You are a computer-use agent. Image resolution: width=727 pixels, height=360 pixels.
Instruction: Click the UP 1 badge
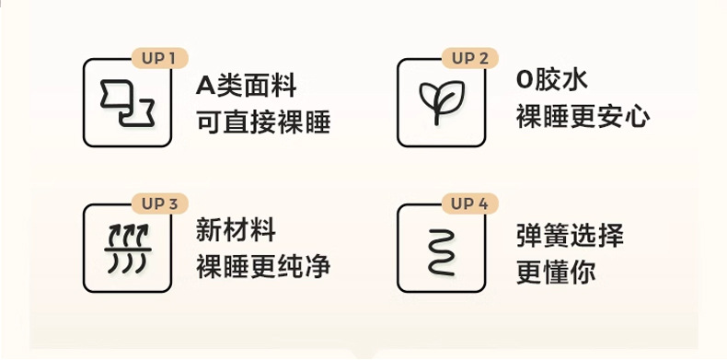[160, 58]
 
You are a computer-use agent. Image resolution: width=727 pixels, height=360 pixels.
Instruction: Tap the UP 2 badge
[470, 58]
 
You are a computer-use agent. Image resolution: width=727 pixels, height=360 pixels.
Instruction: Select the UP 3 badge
[160, 203]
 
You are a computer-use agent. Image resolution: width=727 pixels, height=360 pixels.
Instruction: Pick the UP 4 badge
[470, 203]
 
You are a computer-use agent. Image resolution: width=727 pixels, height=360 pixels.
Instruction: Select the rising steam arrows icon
[128, 249]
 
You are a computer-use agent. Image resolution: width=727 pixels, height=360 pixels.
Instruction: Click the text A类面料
[247, 87]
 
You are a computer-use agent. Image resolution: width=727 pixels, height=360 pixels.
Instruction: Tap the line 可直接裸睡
[263, 123]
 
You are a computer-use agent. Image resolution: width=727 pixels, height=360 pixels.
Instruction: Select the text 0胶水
[552, 80]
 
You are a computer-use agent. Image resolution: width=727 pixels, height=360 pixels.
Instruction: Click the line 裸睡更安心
[583, 116]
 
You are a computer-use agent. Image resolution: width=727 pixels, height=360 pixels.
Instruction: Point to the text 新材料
[236, 230]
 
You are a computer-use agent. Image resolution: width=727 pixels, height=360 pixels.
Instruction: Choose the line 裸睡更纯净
[263, 268]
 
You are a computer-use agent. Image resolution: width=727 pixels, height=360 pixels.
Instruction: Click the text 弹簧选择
[570, 236]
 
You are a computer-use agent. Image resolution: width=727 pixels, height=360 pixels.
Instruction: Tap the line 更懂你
[556, 273]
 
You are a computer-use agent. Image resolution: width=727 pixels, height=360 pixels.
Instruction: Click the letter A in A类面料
[206, 87]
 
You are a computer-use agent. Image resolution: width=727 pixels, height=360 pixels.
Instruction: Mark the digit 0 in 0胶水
[524, 80]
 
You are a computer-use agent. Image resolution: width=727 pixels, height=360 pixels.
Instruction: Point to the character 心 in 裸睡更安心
[637, 117]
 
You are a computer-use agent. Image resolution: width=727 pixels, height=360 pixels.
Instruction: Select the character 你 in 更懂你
[583, 273]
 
